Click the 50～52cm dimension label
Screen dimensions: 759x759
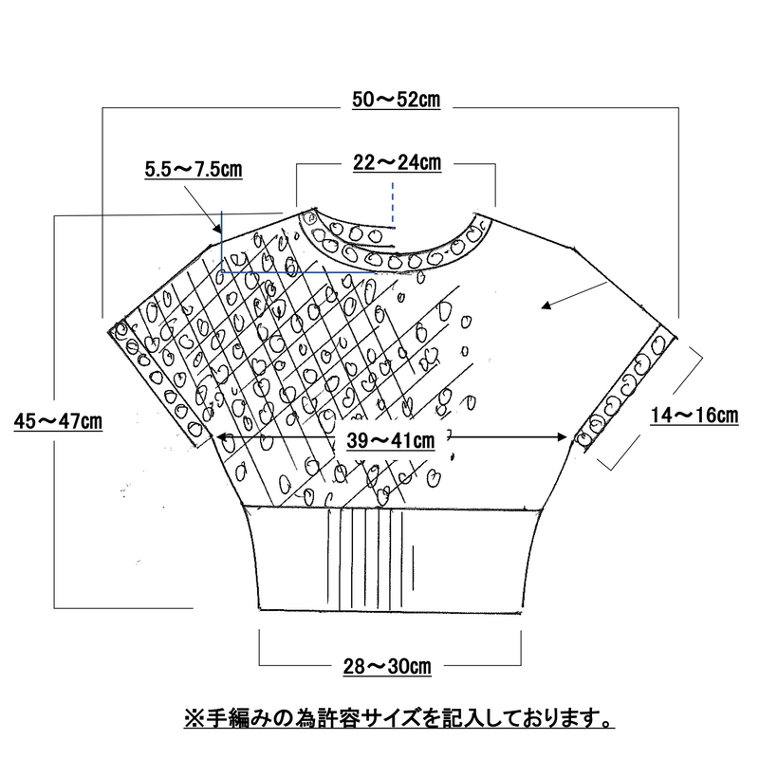(x=396, y=100)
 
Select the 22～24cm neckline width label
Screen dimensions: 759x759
(x=397, y=162)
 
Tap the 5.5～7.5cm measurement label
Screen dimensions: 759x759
(x=194, y=170)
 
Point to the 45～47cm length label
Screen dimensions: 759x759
(x=58, y=420)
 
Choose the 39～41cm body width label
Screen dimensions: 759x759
(x=391, y=440)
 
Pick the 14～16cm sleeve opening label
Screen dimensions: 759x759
(x=694, y=416)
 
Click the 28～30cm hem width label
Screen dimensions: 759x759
(x=387, y=666)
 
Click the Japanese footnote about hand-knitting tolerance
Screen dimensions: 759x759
(x=399, y=718)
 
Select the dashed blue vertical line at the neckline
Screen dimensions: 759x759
(x=393, y=204)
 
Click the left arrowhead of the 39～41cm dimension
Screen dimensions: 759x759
(x=221, y=437)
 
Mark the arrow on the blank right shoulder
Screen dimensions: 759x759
(x=575, y=295)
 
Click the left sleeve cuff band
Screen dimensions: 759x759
(x=159, y=382)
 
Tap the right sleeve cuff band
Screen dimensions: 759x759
(x=624, y=389)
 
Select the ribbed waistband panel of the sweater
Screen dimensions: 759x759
(x=390, y=559)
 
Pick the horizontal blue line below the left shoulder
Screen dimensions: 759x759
(x=299, y=272)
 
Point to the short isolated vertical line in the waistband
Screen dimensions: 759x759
(x=413, y=567)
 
